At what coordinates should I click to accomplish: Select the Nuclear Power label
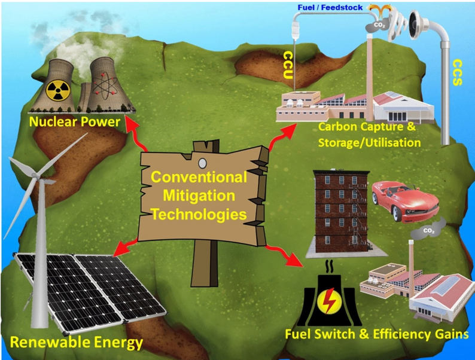pyautogui.click(x=75, y=123)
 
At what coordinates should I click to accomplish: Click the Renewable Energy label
pyautogui.click(x=76, y=343)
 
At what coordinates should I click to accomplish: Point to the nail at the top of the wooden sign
pyautogui.click(x=202, y=161)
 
